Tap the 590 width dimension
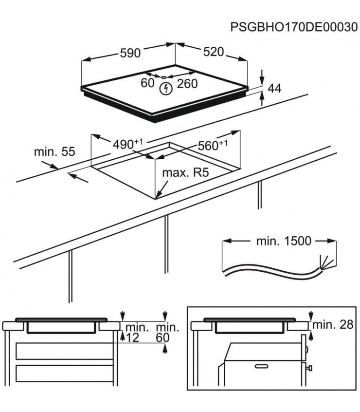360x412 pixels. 130,53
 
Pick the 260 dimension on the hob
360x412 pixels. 187,84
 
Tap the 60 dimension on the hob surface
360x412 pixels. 147,83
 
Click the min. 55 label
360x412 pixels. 54,151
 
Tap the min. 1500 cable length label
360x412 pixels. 283,241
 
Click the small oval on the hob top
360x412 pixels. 164,77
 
